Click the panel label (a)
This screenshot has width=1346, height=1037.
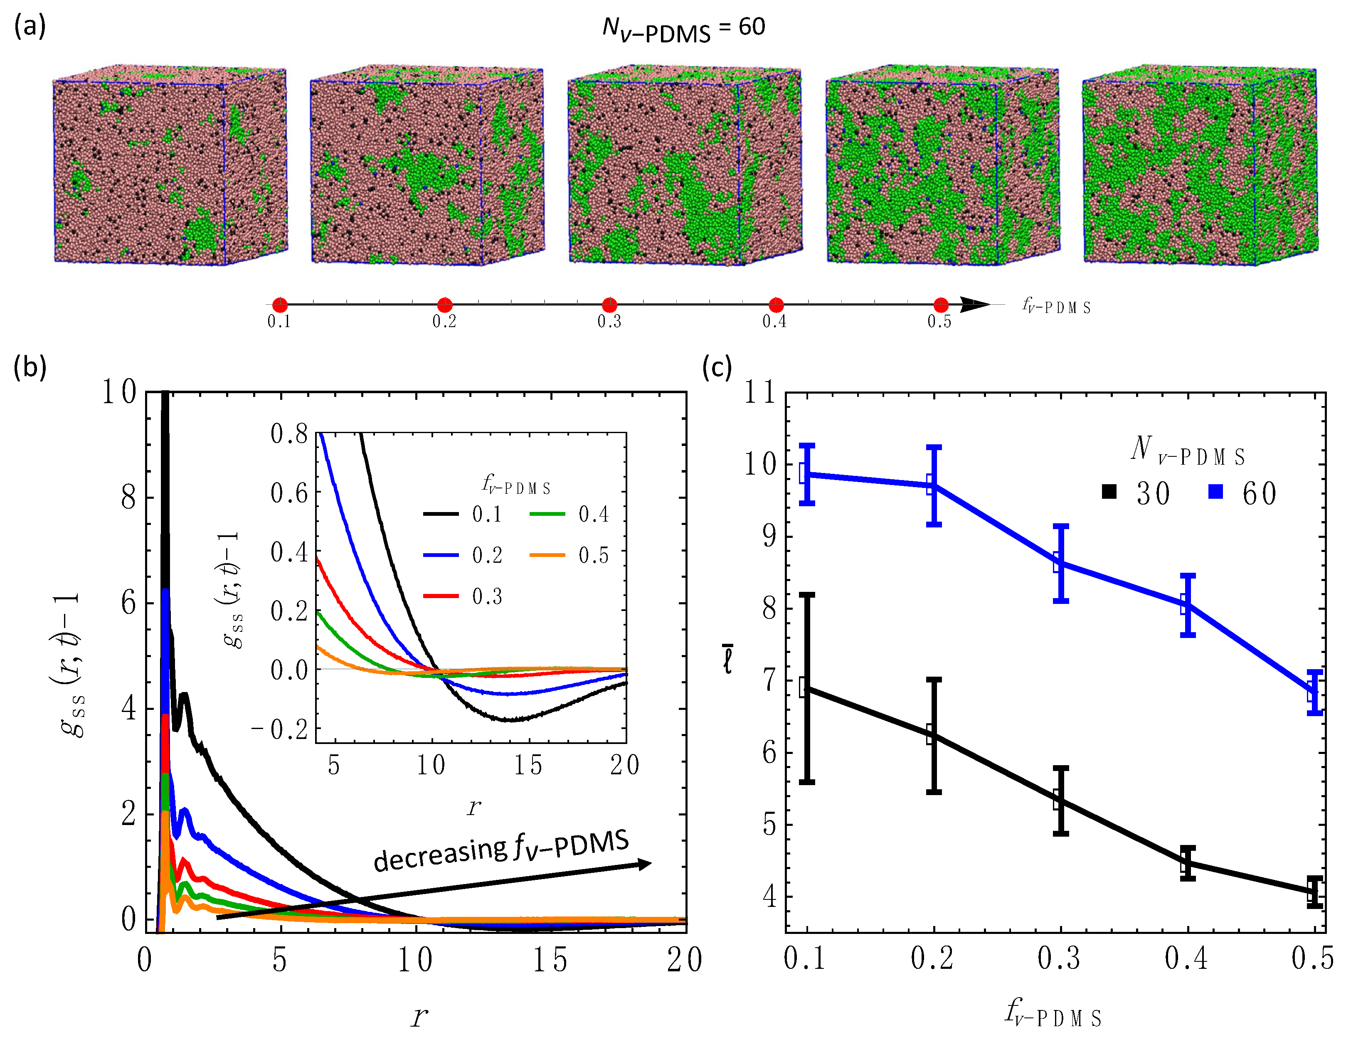[30, 27]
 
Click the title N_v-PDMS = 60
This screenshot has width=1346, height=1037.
[683, 28]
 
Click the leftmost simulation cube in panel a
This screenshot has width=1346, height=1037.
[170, 165]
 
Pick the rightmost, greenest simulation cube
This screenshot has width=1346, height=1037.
[1199, 165]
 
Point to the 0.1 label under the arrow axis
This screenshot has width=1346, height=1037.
[279, 322]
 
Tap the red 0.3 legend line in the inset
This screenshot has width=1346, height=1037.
[441, 596]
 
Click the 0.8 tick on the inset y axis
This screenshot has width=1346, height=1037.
[288, 434]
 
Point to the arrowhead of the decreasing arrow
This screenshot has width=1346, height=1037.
[644, 864]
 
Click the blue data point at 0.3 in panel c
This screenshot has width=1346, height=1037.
[1060, 562]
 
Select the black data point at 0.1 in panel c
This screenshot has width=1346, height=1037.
[806, 687]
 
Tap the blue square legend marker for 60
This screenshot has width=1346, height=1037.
[1215, 492]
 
